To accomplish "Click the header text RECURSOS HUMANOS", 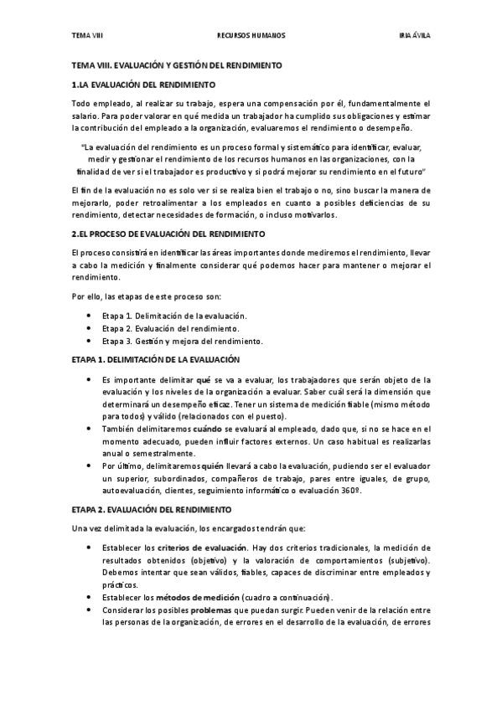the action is click(x=251, y=36).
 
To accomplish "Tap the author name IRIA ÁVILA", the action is click(x=414, y=36).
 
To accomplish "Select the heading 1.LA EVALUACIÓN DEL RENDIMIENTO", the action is click(x=143, y=85).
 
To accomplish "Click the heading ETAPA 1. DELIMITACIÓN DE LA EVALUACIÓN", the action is click(x=156, y=358).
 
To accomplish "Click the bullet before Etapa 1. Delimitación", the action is click(x=89, y=315).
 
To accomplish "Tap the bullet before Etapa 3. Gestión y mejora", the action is click(x=89, y=341).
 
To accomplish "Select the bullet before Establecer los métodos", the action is click(x=89, y=597).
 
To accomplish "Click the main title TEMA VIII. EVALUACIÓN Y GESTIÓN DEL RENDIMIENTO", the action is click(x=176, y=65).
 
